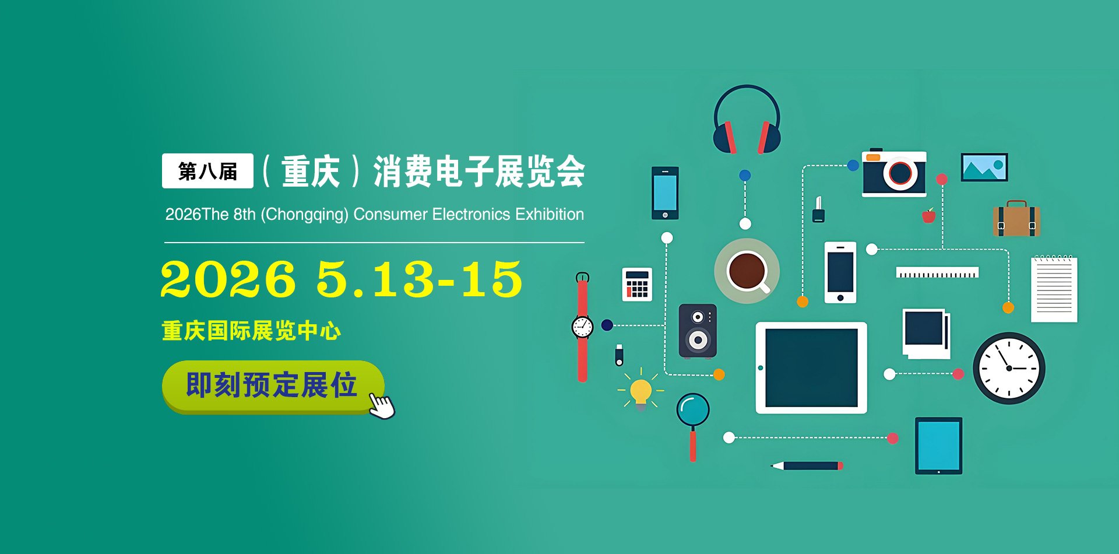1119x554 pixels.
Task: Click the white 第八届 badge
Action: tap(207, 171)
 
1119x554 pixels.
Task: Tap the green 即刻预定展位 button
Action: tap(273, 387)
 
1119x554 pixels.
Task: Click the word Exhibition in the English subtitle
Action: tap(550, 215)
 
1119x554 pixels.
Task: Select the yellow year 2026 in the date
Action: tap(228, 279)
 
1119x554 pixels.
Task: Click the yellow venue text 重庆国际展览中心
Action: tap(251, 331)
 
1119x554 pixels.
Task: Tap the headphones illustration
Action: tap(747, 120)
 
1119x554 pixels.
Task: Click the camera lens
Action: tap(900, 173)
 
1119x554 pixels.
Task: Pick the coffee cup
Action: tap(747, 271)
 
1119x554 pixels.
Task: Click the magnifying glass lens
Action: tap(693, 409)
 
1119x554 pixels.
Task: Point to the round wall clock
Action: tap(1009, 368)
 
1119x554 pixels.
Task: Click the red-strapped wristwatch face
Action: tap(582, 327)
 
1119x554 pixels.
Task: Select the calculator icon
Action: tap(637, 285)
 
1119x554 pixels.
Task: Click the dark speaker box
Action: tap(698, 331)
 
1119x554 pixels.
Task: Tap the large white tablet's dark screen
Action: tap(811, 367)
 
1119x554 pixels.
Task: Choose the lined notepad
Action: tap(1054, 289)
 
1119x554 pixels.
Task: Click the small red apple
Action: tap(929, 216)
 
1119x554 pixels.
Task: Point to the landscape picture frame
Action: tap(984, 167)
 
